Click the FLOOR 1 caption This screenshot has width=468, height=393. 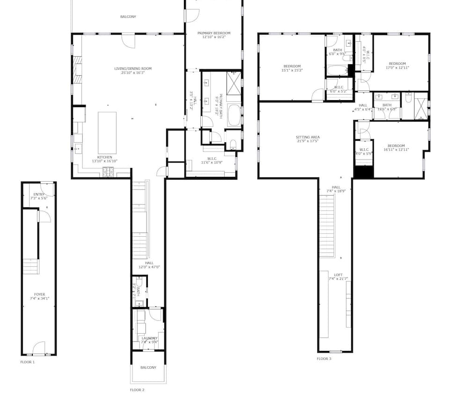[27, 362]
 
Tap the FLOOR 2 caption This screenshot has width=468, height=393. [137, 389]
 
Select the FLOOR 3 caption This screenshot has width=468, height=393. [324, 359]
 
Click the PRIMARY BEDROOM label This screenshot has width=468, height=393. [214, 33]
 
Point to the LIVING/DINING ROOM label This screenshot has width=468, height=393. [133, 69]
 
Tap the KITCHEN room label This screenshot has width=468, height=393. [104, 157]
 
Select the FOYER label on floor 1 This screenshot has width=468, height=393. [39, 295]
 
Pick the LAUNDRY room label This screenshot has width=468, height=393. [150, 338]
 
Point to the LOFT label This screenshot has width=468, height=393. [338, 275]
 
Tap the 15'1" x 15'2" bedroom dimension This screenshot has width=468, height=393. [292, 71]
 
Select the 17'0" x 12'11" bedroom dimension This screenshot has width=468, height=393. [397, 68]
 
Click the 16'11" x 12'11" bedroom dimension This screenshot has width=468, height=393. [396, 150]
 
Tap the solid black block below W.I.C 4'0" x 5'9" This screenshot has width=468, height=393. [363, 172]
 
